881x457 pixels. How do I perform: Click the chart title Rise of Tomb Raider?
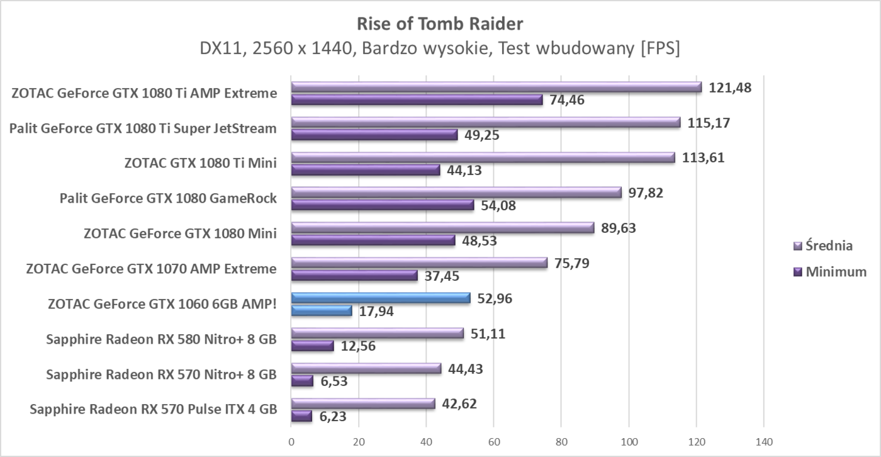(x=440, y=24)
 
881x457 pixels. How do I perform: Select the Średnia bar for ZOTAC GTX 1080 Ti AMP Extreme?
(x=496, y=87)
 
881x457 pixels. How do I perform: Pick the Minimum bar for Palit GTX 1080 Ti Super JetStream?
(x=374, y=134)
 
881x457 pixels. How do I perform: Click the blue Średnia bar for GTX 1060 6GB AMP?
(x=381, y=298)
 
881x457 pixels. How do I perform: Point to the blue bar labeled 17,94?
(x=322, y=310)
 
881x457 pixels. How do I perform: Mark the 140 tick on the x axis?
(x=763, y=442)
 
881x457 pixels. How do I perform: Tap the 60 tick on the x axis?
(x=494, y=442)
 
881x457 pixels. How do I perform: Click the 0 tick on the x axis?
(x=291, y=442)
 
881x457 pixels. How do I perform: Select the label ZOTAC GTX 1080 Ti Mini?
(x=201, y=164)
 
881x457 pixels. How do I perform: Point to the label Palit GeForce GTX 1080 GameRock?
(x=168, y=199)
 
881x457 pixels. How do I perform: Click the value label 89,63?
(x=619, y=228)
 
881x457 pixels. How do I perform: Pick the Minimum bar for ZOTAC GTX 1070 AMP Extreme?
(x=354, y=275)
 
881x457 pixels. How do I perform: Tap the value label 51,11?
(x=488, y=334)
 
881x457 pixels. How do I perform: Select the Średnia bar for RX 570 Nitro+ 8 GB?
(x=366, y=368)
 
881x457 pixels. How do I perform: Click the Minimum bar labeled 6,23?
(x=301, y=416)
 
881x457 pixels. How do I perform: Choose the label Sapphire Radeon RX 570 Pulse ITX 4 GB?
(x=153, y=410)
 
